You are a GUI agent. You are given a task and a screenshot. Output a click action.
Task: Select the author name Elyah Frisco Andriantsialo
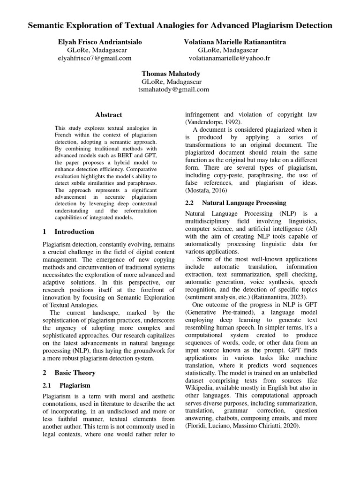99,42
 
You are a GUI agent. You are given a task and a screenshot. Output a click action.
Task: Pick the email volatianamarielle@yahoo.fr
229,58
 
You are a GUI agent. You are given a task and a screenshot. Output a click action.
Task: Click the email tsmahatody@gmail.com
173,90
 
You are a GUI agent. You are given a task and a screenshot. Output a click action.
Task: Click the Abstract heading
108,115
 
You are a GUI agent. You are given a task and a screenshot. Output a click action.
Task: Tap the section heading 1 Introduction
68,232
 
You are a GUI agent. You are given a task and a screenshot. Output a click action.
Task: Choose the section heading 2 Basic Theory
69,373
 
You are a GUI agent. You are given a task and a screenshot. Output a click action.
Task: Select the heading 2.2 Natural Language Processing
235,203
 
